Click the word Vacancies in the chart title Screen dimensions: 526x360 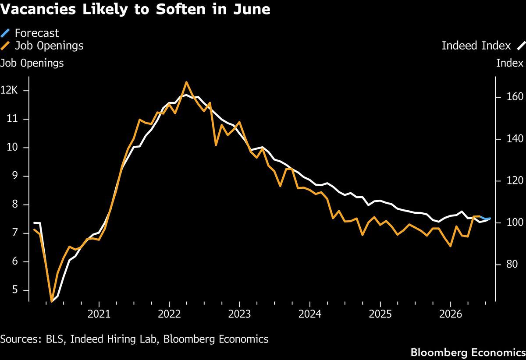(38, 9)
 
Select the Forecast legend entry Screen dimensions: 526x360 (30, 33)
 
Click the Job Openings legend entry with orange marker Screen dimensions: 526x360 (42, 46)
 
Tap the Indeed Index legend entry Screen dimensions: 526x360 (483, 46)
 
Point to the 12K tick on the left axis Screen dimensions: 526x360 (9, 90)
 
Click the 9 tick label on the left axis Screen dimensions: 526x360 (14, 176)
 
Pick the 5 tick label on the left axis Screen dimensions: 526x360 (15, 289)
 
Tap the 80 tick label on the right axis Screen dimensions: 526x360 (512, 264)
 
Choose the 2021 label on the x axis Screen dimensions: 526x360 (99, 314)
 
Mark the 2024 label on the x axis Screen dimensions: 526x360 (310, 314)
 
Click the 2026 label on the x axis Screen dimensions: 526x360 (451, 314)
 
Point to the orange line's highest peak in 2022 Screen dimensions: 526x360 (186, 82)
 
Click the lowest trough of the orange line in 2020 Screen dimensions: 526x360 (52, 302)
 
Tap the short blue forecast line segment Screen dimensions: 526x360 (485, 218)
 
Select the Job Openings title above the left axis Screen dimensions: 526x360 (32, 64)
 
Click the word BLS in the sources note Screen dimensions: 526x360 (54, 339)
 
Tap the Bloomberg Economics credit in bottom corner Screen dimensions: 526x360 (468, 353)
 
